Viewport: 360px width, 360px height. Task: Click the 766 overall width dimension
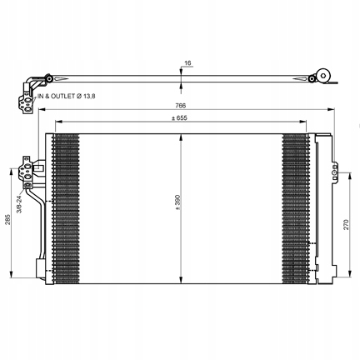pos(180,106)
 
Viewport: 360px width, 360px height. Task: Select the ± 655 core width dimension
pos(179,118)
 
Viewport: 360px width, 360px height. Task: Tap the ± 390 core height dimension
pos(177,202)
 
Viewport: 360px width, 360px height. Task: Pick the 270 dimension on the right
pos(346,224)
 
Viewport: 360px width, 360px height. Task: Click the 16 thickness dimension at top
pos(188,63)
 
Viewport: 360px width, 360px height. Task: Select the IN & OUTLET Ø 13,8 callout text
pos(67,96)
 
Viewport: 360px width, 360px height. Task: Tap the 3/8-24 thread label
pos(19,204)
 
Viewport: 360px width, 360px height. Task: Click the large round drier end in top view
pos(323,75)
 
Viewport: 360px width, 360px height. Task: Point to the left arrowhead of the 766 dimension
pos(42,109)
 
